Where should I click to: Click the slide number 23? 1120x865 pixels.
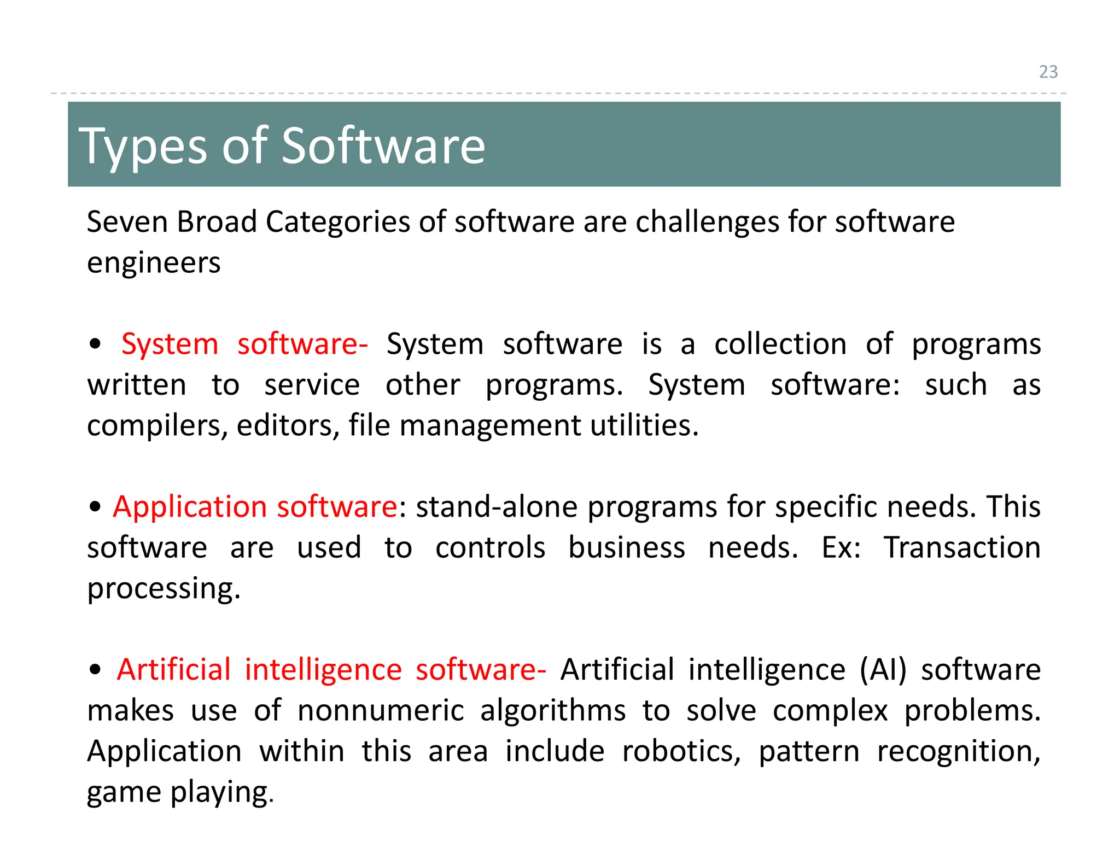pyautogui.click(x=1048, y=72)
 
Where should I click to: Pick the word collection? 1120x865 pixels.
pyautogui.click(x=780, y=344)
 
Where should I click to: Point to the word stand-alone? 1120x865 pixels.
pyautogui.click(x=497, y=507)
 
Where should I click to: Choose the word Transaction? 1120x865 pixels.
pyautogui.click(x=962, y=547)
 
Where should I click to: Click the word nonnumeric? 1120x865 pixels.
pyautogui.click(x=381, y=711)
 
